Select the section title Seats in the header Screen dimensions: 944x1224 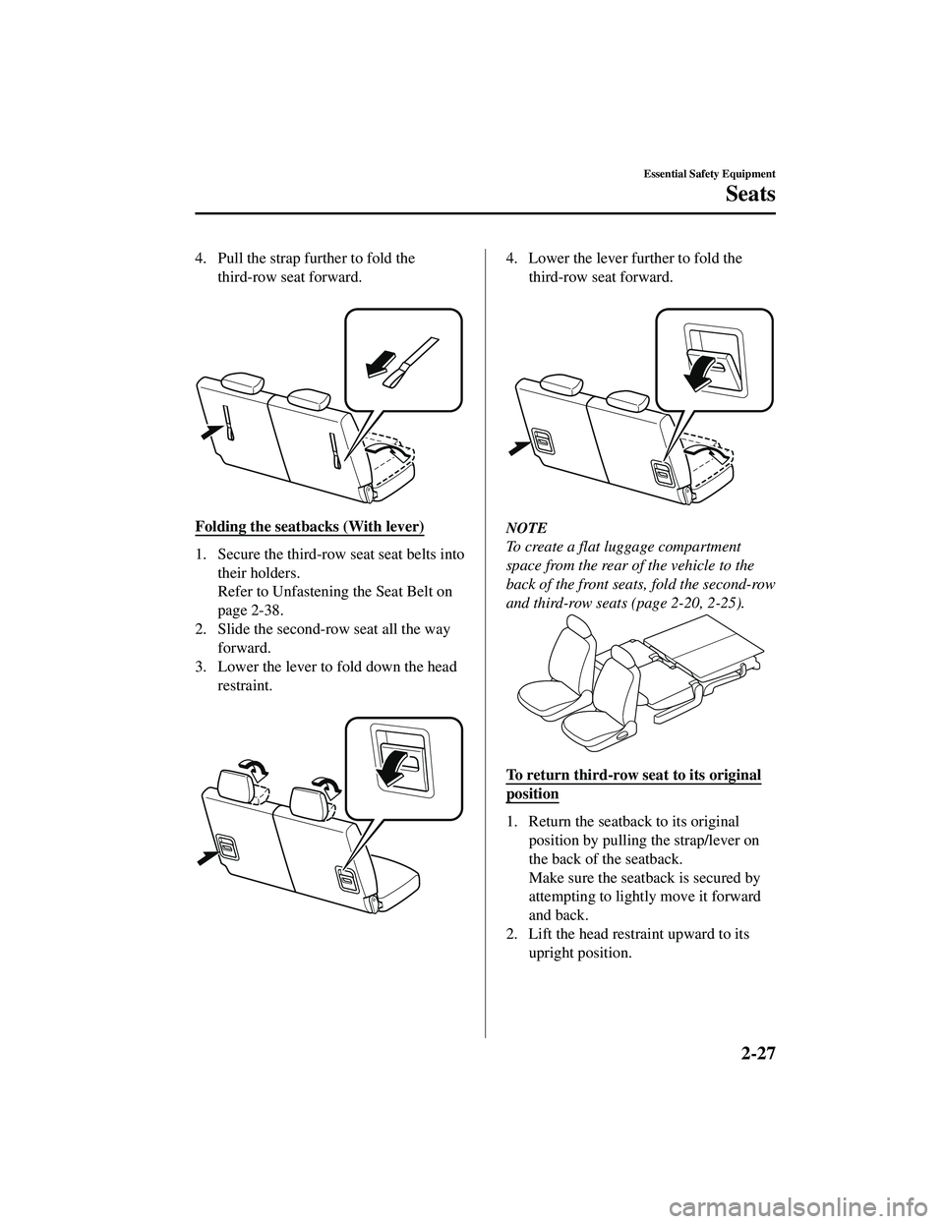749,194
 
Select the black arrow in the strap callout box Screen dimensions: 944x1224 379,366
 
